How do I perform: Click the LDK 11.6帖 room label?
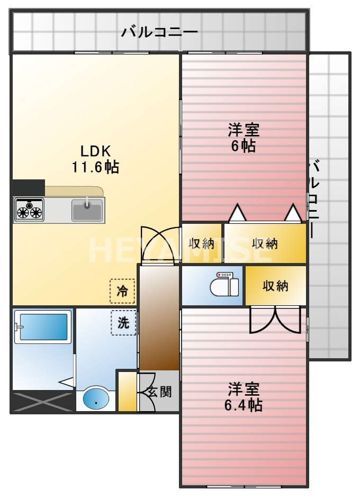[95, 159]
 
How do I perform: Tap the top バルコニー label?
[159, 32]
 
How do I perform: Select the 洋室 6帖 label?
[244, 138]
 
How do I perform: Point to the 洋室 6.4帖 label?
[244, 397]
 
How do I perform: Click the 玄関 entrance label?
[159, 392]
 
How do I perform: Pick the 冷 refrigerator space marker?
[122, 291]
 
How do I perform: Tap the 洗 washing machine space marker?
[123, 323]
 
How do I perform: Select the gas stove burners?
[29, 210]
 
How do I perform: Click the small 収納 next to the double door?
[202, 243]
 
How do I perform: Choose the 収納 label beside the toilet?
[275, 286]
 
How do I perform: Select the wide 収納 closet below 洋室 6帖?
[265, 243]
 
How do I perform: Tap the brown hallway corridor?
[159, 317]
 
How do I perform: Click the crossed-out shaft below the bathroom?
[42, 401]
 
